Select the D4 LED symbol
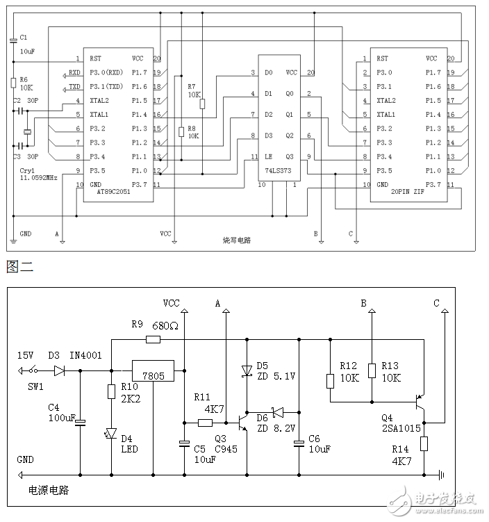[110, 434]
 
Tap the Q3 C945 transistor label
[225, 443]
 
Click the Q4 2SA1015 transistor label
[401, 423]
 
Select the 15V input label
[25, 356]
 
